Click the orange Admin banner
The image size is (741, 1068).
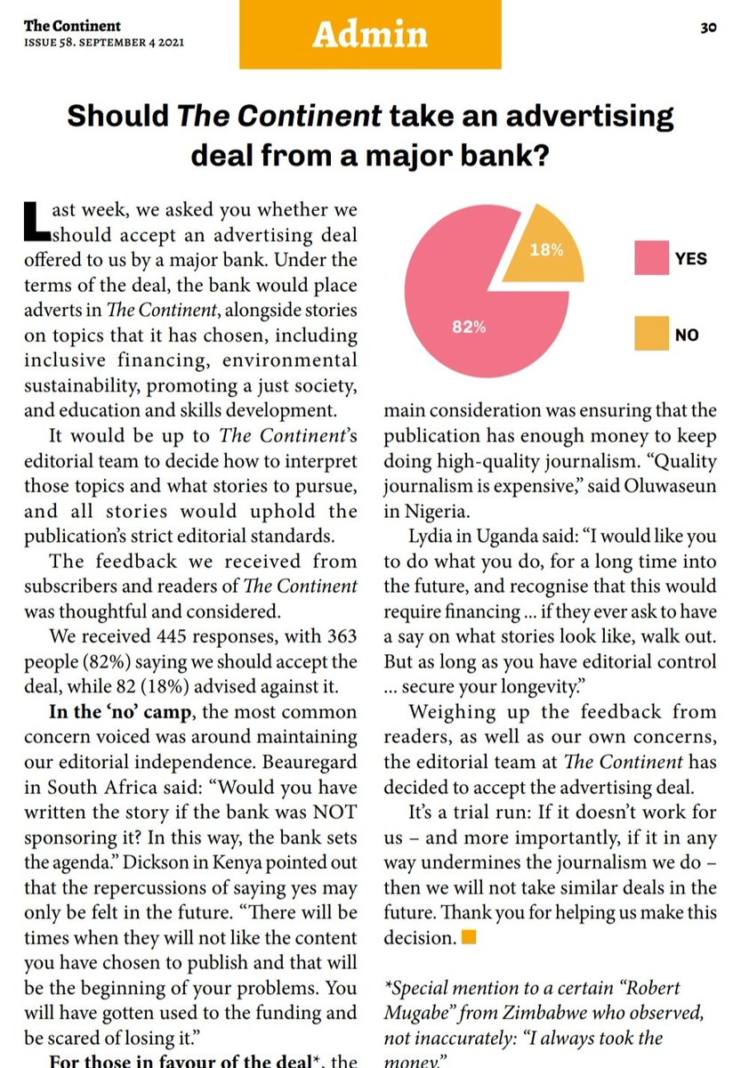coord(370,34)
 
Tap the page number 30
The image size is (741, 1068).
coord(708,28)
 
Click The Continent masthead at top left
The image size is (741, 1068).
coord(72,26)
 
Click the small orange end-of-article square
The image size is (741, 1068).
coord(469,937)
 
